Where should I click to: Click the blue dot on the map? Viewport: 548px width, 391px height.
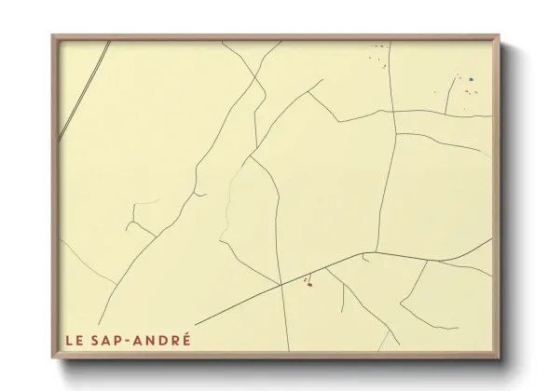472,79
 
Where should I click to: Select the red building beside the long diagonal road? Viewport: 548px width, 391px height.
308,285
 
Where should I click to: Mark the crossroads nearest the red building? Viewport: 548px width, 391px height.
281,284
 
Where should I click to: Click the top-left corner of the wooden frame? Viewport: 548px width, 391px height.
53,37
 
